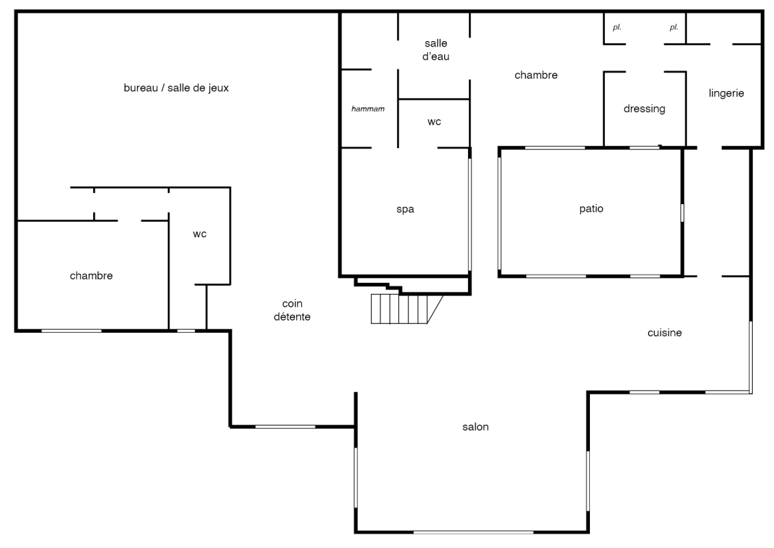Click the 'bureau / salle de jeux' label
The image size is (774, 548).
point(177,88)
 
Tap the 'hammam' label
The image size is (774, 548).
point(367,109)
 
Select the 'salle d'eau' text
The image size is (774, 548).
point(436,50)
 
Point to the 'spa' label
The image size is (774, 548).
point(405,210)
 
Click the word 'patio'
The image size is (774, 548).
point(591,208)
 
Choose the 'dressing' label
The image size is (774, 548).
point(644,109)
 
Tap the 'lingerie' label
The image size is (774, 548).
point(726,93)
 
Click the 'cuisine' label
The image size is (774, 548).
point(665,333)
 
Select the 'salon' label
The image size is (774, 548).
point(476,427)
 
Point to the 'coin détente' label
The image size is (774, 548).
point(292,310)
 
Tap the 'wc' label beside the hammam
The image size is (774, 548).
point(435,122)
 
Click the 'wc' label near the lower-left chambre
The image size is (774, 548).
point(199,234)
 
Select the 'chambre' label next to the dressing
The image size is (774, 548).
point(536,75)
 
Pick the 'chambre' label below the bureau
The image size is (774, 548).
point(91,276)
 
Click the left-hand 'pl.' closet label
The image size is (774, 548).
point(617,27)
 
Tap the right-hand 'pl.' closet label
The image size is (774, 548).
point(674,27)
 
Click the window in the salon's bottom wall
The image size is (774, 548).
point(473,532)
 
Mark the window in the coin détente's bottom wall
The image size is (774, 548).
point(285,427)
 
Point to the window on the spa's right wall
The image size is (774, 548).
point(470,214)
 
